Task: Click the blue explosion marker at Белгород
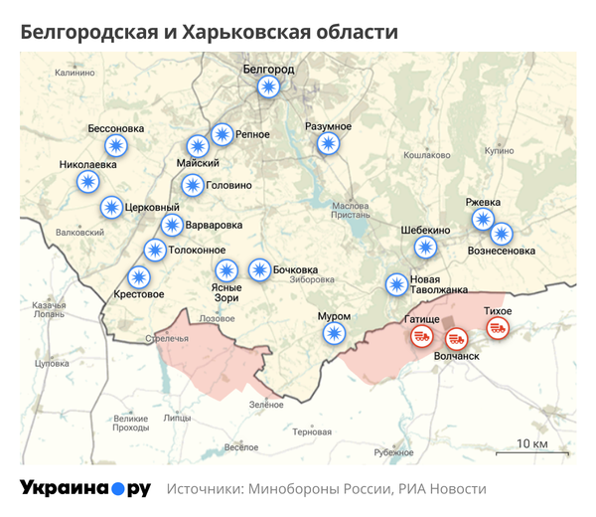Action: pyautogui.click(x=268, y=86)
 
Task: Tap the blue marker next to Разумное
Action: pyautogui.click(x=328, y=144)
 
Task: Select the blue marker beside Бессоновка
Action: pyautogui.click(x=117, y=146)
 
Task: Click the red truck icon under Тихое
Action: pyautogui.click(x=498, y=328)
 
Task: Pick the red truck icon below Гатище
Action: pyautogui.click(x=422, y=337)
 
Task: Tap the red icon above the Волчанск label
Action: pyautogui.click(x=457, y=339)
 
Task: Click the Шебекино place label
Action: pyautogui.click(x=425, y=229)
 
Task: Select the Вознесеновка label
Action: pyautogui.click(x=502, y=252)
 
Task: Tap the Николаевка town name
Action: pyautogui.click(x=88, y=164)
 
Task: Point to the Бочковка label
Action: pyautogui.click(x=296, y=269)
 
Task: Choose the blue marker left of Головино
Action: pyautogui.click(x=192, y=185)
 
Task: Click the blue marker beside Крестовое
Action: pyautogui.click(x=139, y=277)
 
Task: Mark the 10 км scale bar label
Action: pyautogui.click(x=533, y=443)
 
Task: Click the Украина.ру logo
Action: pyautogui.click(x=85, y=488)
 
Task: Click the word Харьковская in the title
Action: pyautogui.click(x=237, y=33)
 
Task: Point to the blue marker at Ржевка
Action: pyautogui.click(x=483, y=219)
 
